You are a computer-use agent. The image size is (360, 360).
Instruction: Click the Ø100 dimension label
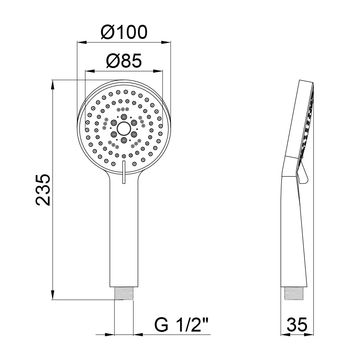124,32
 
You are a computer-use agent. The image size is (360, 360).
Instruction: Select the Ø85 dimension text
124,61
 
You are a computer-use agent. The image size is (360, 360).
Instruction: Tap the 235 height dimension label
43,190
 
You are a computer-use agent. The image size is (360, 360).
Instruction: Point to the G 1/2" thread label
181,325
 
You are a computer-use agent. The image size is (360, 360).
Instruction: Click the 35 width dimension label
297,325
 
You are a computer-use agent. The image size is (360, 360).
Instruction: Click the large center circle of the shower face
124,129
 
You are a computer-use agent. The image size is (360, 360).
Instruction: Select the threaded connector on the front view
124,293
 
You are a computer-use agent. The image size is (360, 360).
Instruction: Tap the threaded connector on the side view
294,293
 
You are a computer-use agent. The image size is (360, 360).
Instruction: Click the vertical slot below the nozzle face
124,172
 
